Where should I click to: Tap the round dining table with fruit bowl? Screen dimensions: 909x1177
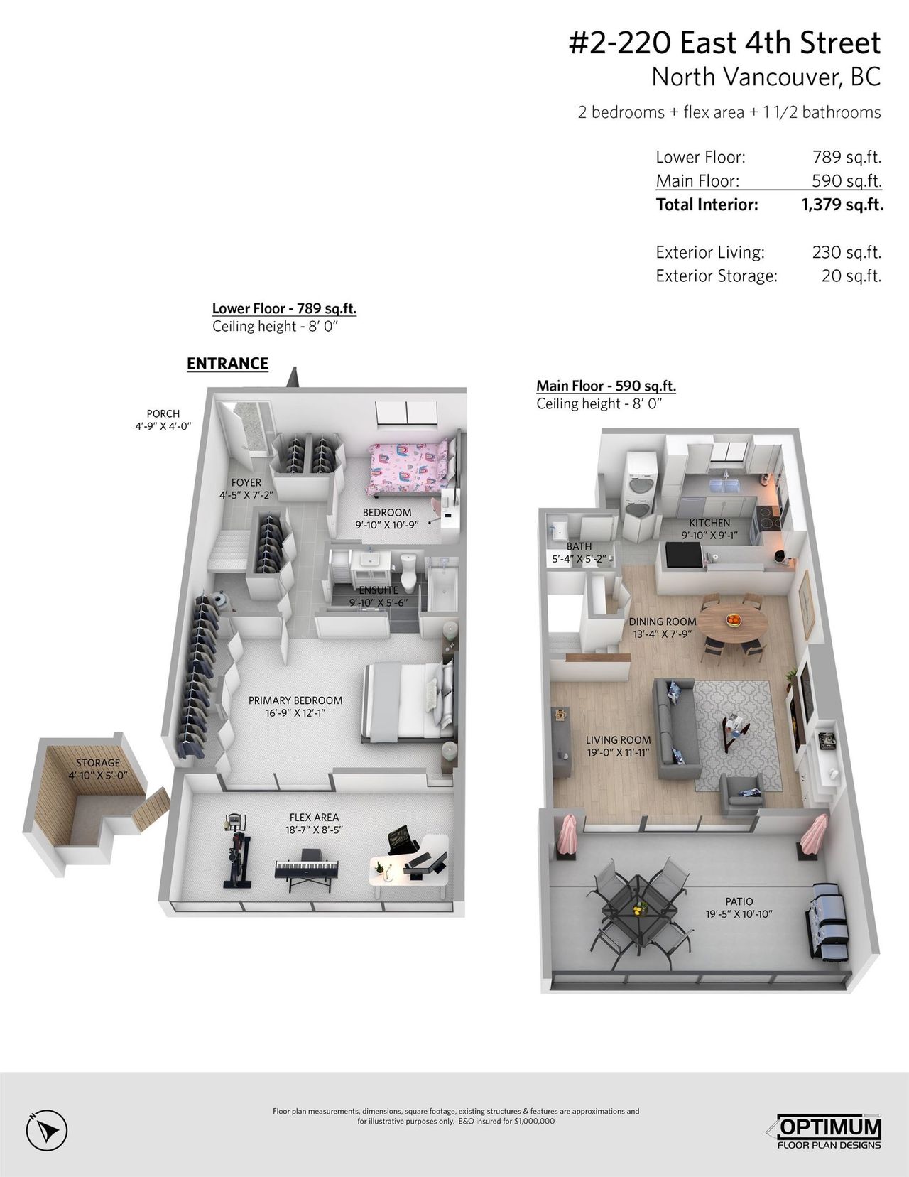732,622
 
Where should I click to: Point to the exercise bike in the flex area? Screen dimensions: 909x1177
237,851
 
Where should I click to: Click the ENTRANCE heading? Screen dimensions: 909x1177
227,364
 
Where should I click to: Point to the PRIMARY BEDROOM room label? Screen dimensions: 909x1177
295,700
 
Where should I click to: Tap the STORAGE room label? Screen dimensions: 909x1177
98,763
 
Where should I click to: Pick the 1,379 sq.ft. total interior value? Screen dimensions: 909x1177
842,204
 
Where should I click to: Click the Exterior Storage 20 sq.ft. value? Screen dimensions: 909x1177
851,276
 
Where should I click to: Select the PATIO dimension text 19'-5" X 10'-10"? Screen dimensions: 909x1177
739,913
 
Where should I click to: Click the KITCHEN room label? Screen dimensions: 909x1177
709,523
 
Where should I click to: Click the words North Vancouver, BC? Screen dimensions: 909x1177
766,77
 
